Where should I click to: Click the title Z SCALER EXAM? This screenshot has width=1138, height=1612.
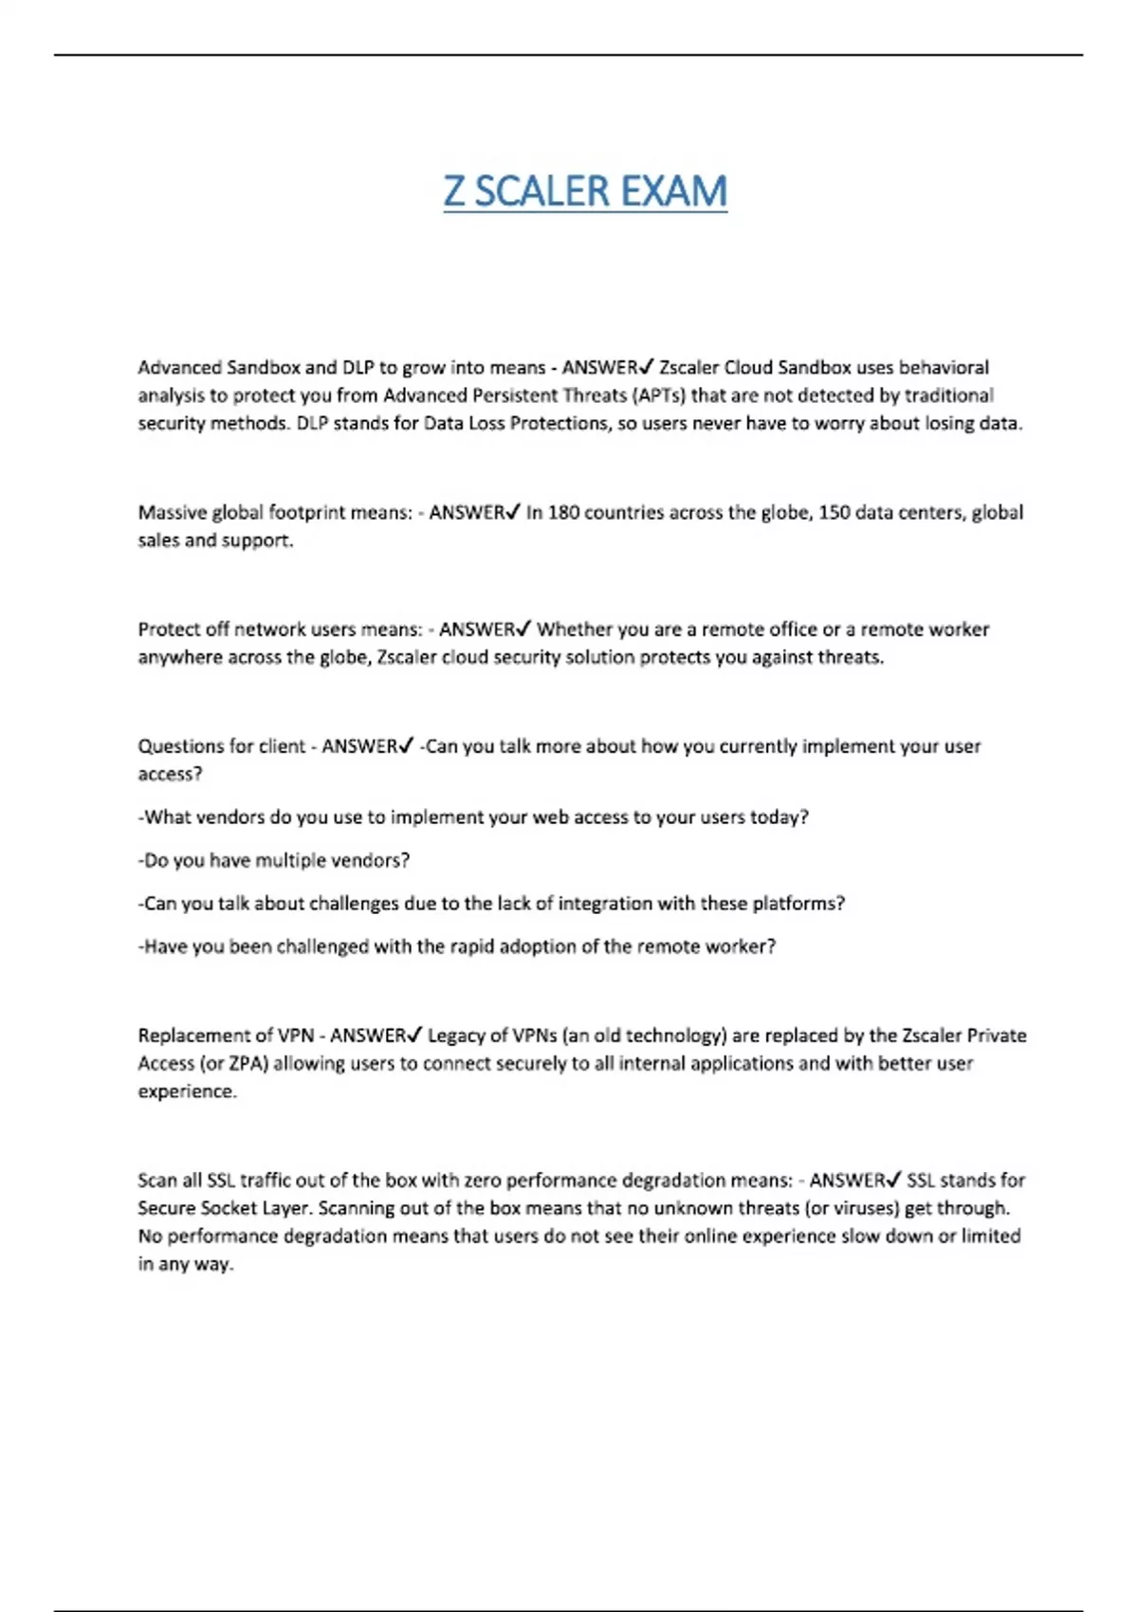coord(585,192)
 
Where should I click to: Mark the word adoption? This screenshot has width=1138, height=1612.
coord(535,946)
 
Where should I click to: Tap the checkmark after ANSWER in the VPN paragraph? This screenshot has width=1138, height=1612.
coord(415,1035)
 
